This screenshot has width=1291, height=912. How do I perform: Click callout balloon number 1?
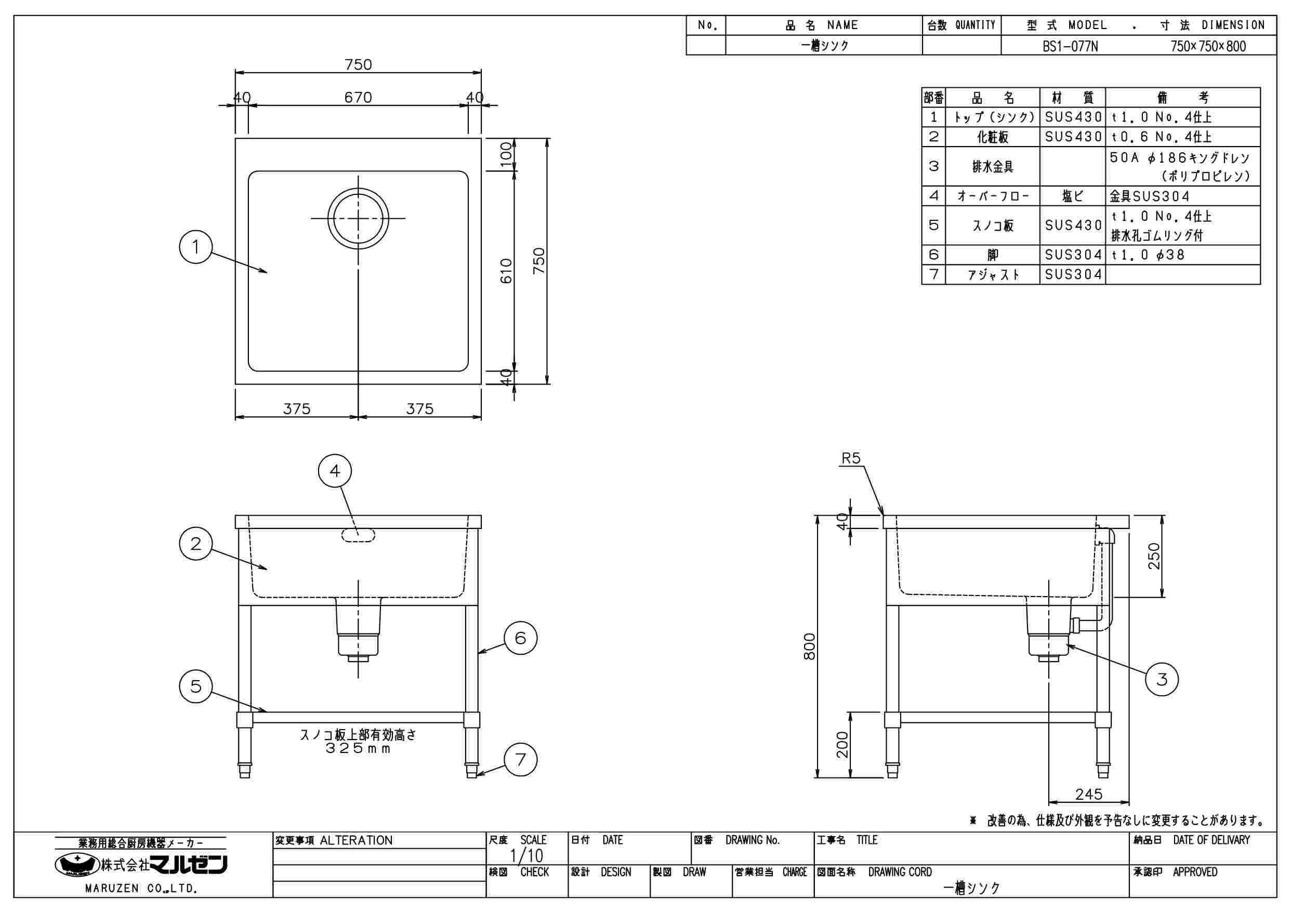[x=195, y=247]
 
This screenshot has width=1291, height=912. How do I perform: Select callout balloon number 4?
[x=335, y=471]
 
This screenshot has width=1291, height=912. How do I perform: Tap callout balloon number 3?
[x=1162, y=679]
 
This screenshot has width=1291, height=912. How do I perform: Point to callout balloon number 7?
[x=521, y=760]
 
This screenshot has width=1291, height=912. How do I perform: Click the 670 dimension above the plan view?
[x=358, y=97]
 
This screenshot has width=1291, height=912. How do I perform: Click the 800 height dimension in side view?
[x=809, y=646]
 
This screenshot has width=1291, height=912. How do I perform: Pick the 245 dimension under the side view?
[x=1089, y=794]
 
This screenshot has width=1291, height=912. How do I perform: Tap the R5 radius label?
[x=851, y=458]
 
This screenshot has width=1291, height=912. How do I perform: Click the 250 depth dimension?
[x=1154, y=556]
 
